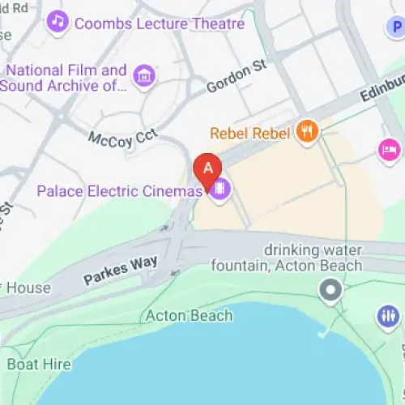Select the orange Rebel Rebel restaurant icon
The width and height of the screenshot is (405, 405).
pos(306,132)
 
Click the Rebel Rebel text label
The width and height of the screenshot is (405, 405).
pos(249,133)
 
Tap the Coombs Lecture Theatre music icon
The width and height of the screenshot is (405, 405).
pos(58,23)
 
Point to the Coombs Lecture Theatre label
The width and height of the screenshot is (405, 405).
pos(159,23)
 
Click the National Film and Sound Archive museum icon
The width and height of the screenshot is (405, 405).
pos(145,76)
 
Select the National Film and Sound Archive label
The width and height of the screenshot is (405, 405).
pos(66,78)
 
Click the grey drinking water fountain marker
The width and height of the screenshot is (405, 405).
pos(330,289)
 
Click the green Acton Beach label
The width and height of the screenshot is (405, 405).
pos(189,315)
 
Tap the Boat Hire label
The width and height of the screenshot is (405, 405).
pos(38,364)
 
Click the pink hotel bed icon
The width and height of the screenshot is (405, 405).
pos(389,149)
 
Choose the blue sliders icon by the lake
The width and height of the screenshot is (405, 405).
pos(388,317)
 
